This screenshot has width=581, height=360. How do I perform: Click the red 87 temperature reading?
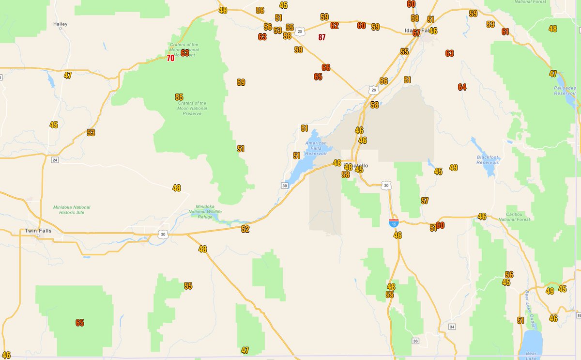click(322, 37)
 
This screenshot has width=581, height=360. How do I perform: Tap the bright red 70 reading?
click(170, 58)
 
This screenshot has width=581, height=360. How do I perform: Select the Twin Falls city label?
click(38, 231)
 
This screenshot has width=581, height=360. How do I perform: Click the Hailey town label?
click(61, 24)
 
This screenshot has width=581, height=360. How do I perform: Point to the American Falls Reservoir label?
click(316, 148)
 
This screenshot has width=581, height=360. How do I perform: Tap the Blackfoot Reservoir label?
click(488, 160)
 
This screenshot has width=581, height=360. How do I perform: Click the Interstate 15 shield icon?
click(394, 222)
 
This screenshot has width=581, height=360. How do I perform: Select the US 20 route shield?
click(300, 31)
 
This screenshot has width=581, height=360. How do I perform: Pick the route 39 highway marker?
click(284, 185)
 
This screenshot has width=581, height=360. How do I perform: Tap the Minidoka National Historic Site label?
click(72, 210)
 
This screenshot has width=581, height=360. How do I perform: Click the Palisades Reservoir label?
click(565, 91)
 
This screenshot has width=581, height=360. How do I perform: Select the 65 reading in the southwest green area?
click(80, 323)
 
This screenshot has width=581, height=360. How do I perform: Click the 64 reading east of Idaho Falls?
click(462, 87)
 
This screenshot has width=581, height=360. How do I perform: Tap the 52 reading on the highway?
click(245, 229)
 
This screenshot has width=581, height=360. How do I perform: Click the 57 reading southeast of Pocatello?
click(425, 201)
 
